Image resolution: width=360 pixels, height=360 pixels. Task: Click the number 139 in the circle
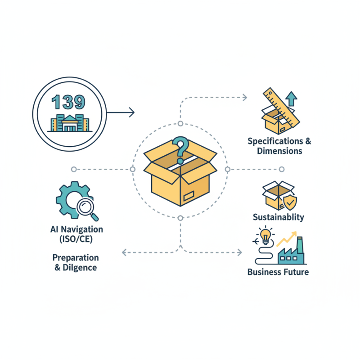point(68,102)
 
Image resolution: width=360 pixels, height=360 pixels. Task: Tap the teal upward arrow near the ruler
point(292,98)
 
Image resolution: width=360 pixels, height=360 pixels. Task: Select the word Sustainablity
point(278,217)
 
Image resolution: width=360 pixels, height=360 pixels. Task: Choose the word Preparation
point(76,258)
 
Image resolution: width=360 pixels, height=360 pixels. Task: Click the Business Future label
point(278,272)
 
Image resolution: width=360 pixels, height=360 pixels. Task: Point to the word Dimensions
point(279,151)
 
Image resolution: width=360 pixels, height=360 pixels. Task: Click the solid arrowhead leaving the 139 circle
point(131,112)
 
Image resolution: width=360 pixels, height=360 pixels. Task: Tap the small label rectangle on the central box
point(188,195)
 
